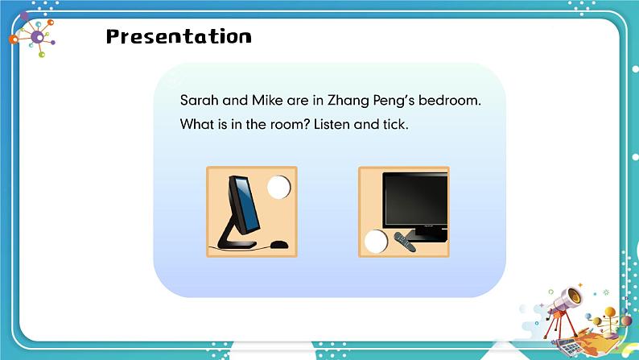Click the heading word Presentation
[179, 37]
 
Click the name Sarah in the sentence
[199, 101]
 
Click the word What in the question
[197, 126]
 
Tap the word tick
[396, 126]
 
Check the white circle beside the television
[375, 241]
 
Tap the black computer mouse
[278, 244]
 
